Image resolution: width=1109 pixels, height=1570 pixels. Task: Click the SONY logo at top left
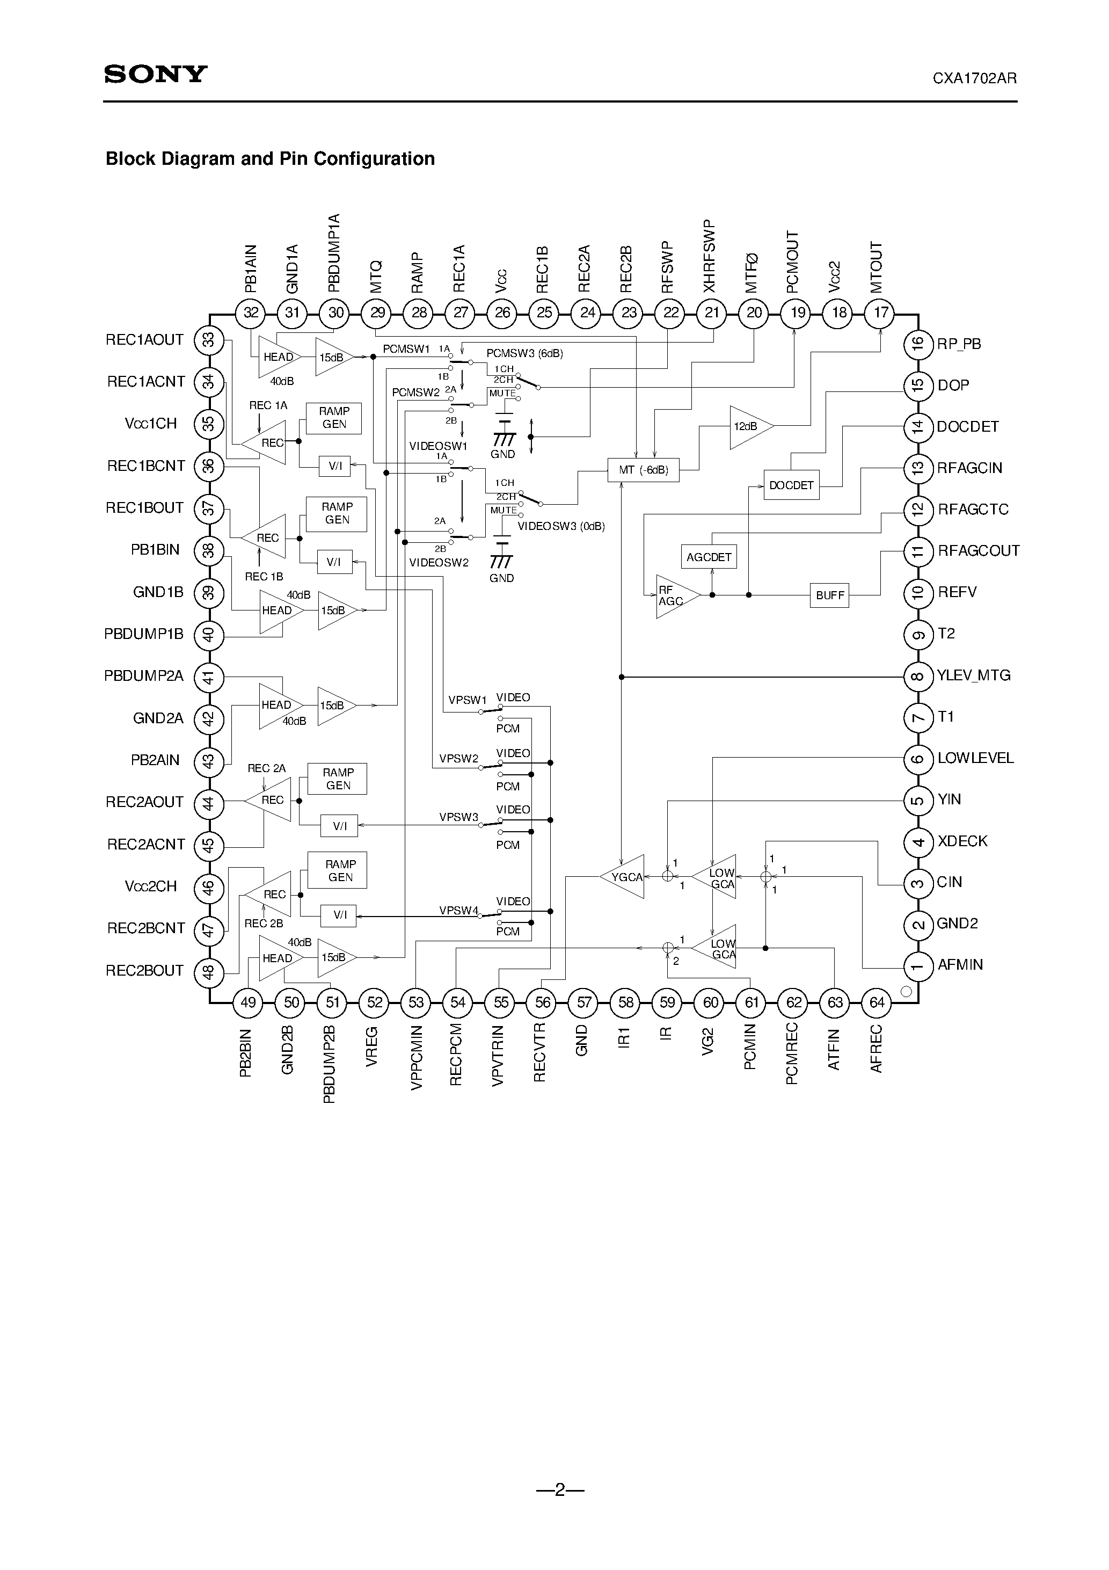[156, 74]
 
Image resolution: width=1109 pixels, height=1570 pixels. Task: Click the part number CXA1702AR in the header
[974, 78]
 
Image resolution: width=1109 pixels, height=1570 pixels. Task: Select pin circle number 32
[251, 312]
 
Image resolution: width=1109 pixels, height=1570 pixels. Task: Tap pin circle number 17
[881, 312]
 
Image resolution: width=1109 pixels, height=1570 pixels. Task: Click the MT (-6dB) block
[643, 470]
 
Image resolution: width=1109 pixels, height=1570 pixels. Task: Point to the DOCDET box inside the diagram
[791, 485]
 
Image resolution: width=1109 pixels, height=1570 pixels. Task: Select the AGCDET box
[709, 557]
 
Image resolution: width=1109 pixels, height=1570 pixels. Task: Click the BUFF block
[829, 595]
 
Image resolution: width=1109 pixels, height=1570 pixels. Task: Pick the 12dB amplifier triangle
[749, 427]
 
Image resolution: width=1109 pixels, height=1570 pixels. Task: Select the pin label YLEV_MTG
[974, 675]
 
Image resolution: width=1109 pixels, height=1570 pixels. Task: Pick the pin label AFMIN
[960, 965]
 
